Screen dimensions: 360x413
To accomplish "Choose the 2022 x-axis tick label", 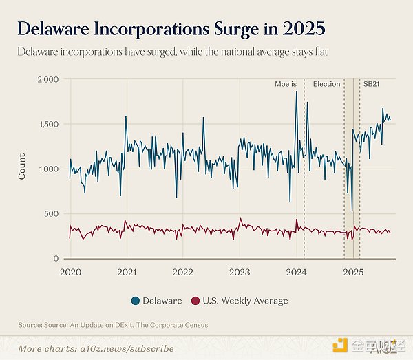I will (x=182, y=272).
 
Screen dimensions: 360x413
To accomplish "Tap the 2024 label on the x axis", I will (x=297, y=272).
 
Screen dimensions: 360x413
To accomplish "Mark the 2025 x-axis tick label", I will (x=353, y=272).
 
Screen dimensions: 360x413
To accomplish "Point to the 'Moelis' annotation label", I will (x=285, y=84).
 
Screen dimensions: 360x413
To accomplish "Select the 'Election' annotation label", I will (x=326, y=84).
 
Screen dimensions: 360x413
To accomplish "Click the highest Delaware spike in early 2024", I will (x=297, y=92).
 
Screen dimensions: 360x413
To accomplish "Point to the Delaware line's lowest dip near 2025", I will (x=352, y=210).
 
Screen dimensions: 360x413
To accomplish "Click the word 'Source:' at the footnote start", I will (x=30, y=325).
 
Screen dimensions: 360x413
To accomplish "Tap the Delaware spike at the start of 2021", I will (x=126, y=117).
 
